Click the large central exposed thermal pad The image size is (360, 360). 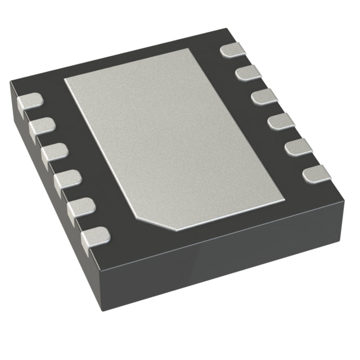[174, 135]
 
